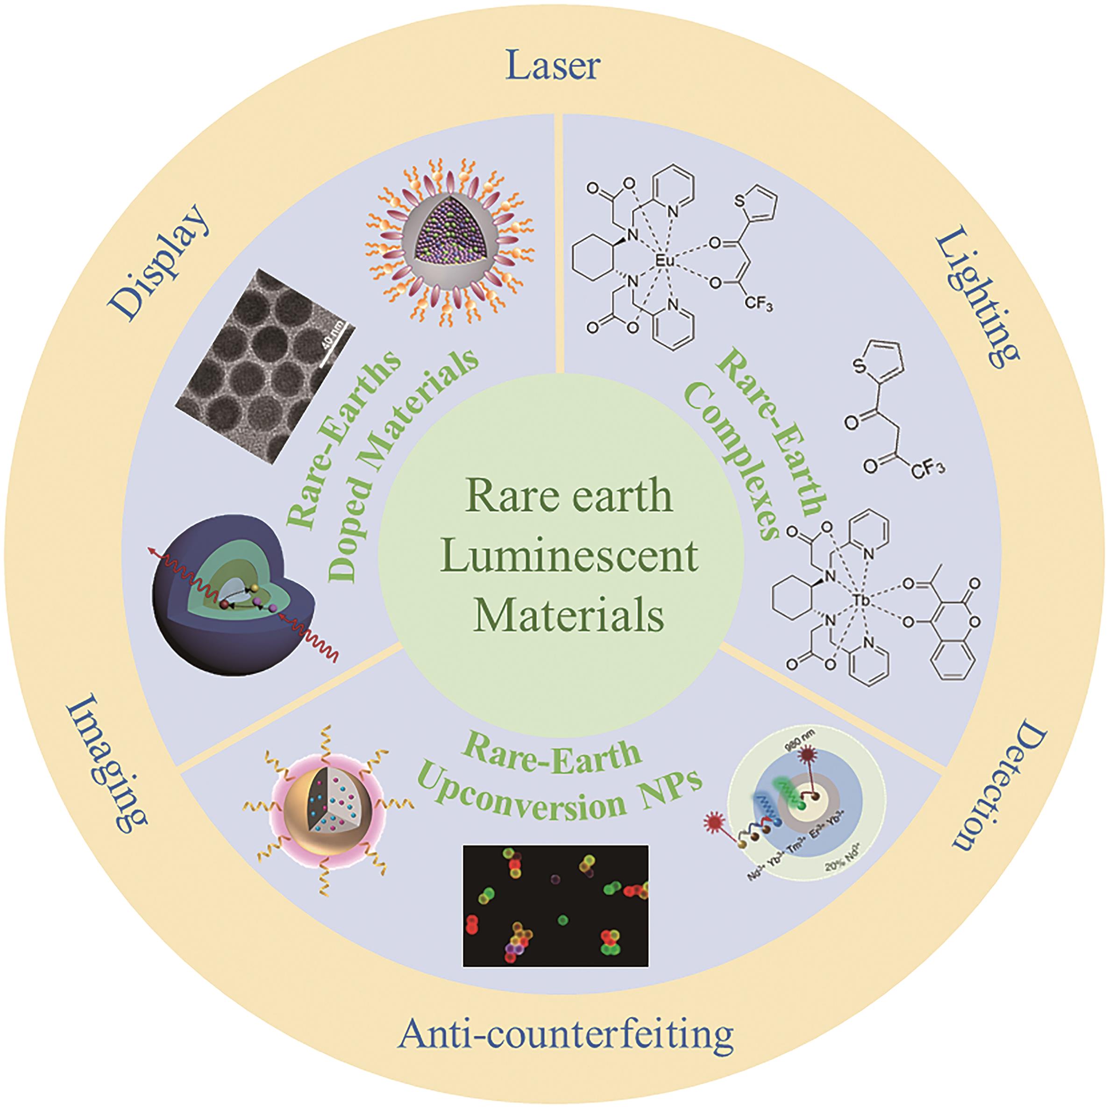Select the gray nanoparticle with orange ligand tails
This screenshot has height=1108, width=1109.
click(449, 226)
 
